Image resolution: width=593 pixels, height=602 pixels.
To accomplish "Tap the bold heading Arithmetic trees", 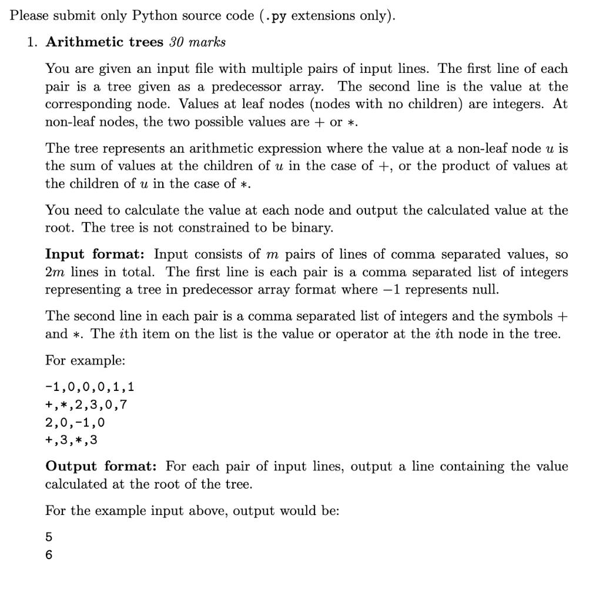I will (105, 42).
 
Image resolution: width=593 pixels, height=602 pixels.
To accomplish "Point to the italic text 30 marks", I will (197, 42).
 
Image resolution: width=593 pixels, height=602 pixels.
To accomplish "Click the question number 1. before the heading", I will (32, 42).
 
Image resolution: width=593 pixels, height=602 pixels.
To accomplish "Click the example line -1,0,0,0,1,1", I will (90, 387).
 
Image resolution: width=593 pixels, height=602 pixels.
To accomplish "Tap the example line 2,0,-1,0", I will (75, 422).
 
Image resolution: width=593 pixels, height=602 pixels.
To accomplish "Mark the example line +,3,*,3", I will (71, 440).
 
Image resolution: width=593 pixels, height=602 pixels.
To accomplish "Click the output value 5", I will (49, 537).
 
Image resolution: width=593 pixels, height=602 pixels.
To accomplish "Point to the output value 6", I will (49, 554).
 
